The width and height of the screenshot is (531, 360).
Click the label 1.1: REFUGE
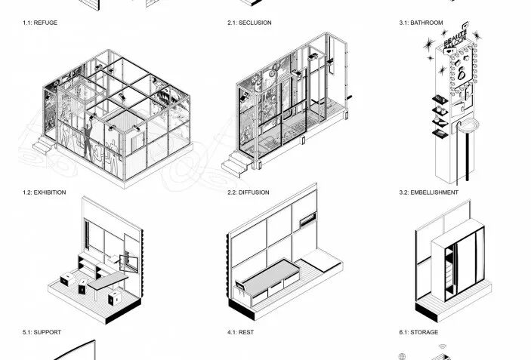pyautogui.click(x=40, y=23)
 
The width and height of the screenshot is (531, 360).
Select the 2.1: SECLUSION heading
pyautogui.click(x=249, y=23)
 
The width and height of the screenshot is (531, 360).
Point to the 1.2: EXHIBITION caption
pyautogui.click(x=44, y=192)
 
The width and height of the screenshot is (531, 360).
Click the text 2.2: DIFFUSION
pyautogui.click(x=249, y=192)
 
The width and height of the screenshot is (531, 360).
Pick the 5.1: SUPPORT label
pyautogui.click(x=42, y=332)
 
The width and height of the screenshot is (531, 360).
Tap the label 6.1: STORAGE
pyautogui.click(x=418, y=332)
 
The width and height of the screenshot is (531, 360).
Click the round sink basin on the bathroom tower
pyautogui.click(x=471, y=125)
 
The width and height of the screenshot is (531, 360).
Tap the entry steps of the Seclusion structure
pyautogui.click(x=234, y=162)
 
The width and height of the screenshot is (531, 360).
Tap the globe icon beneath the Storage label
pyautogui.click(x=403, y=355)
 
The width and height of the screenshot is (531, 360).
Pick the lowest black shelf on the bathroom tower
pyautogui.click(x=439, y=135)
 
